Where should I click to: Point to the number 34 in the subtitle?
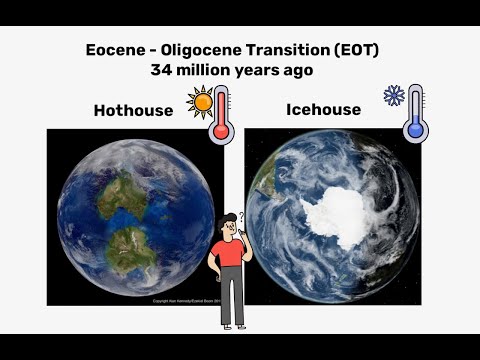tap(162, 70)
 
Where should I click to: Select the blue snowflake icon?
tap(393, 96)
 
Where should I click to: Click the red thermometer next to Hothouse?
tap(222, 113)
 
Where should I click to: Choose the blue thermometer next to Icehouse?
tap(416, 112)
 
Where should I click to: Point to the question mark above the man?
tap(242, 217)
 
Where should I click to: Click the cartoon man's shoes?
tap(234, 326)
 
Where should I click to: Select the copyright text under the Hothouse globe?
tap(181, 300)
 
